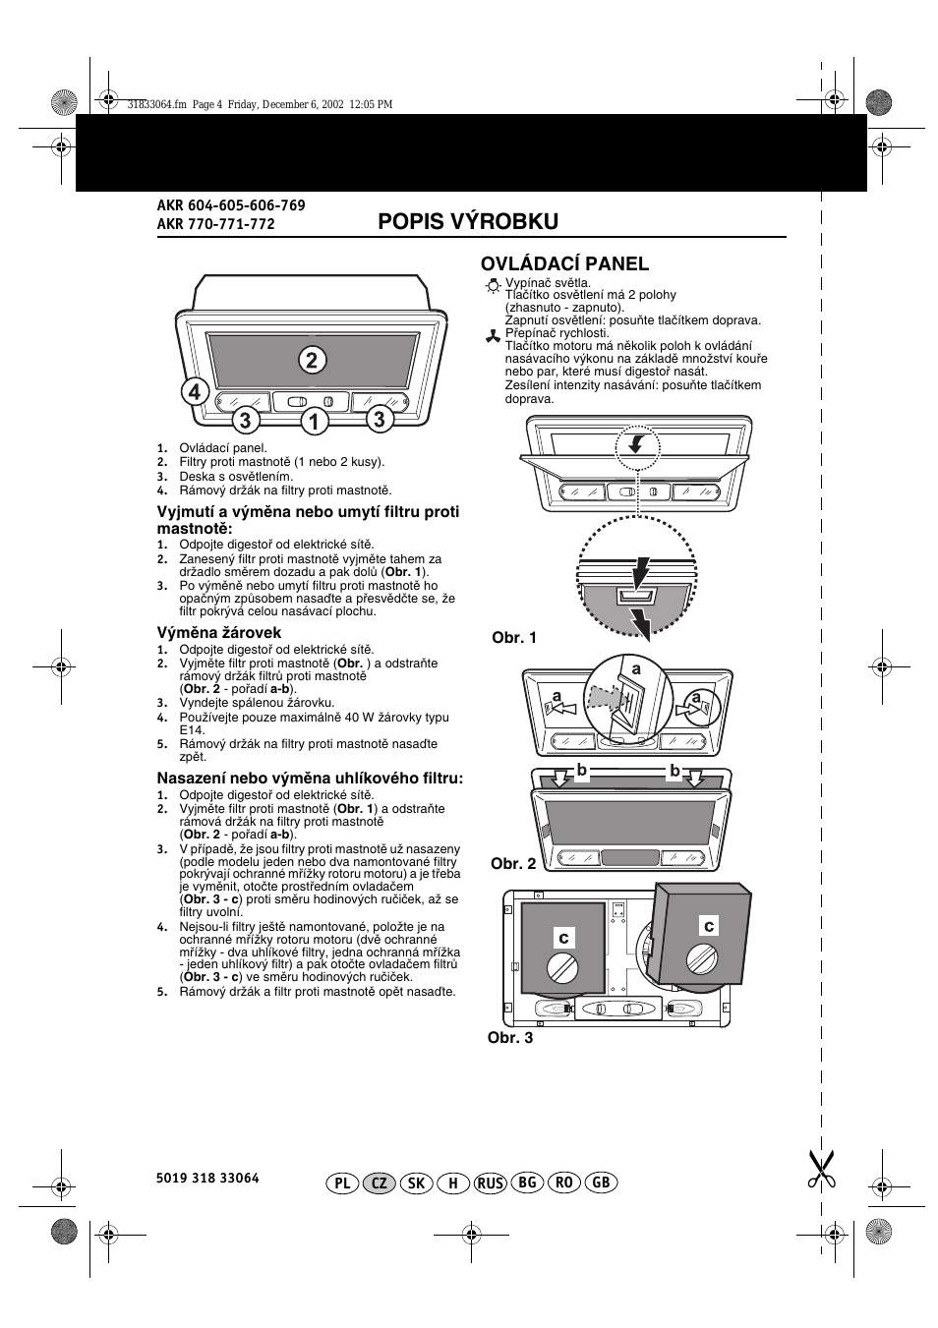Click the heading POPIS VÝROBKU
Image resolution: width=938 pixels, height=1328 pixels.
(468, 222)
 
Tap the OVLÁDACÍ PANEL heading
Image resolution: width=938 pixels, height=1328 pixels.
(564, 263)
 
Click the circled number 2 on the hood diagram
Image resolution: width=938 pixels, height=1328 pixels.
(312, 360)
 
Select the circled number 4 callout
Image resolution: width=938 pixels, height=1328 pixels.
(195, 392)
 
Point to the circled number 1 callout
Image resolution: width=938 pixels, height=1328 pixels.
(315, 421)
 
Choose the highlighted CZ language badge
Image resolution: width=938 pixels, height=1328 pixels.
(379, 1183)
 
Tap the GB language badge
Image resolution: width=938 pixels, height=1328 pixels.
(601, 1183)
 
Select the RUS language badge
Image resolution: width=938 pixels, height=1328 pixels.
(491, 1183)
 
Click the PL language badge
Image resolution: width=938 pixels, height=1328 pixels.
(342, 1183)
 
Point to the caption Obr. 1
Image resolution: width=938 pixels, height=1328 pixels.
(514, 637)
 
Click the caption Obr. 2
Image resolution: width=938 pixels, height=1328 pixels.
(513, 864)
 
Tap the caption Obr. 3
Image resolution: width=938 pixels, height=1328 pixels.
(510, 1037)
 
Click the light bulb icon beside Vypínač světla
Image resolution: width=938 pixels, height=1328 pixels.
(493, 286)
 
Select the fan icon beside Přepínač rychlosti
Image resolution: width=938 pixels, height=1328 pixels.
(493, 336)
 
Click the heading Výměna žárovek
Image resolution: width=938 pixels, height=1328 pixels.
(219, 632)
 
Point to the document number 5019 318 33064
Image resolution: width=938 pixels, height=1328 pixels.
(207, 1178)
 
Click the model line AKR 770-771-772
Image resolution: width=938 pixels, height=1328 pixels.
(216, 224)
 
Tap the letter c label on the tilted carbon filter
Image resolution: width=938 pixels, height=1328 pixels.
(709, 925)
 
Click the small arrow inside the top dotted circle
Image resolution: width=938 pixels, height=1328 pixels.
(635, 444)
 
